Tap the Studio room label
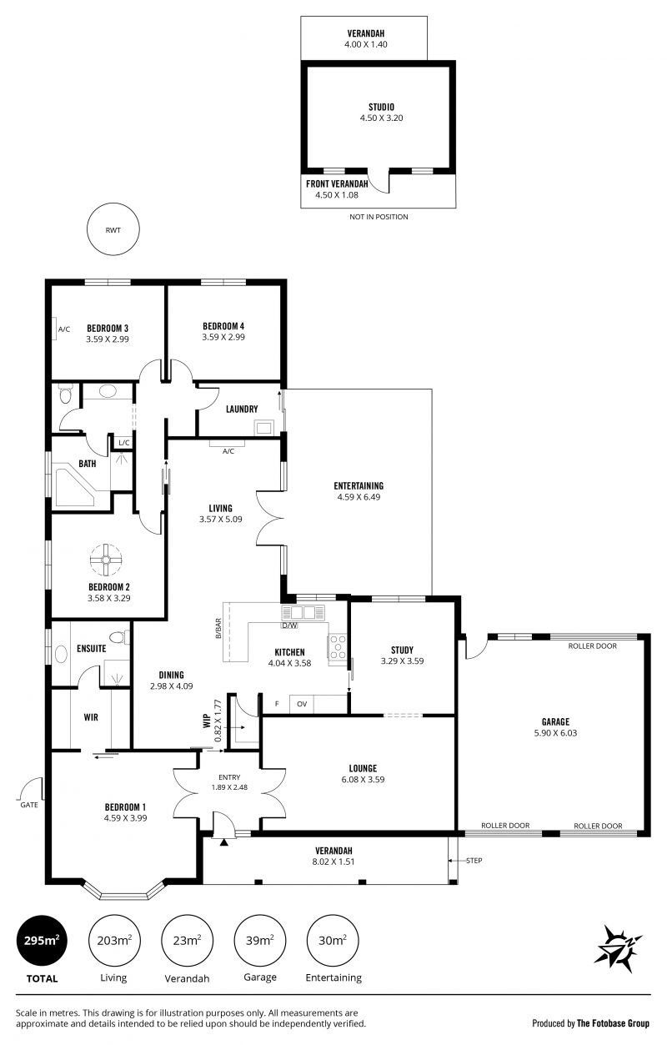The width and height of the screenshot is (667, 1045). tap(381, 107)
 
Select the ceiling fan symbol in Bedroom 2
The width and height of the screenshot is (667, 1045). tap(106, 560)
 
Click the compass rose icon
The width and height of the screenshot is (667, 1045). tap(617, 945)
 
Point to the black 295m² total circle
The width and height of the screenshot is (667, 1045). tap(42, 941)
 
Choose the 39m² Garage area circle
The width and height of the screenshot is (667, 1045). tap(260, 941)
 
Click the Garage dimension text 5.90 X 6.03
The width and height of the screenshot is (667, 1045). tap(555, 733)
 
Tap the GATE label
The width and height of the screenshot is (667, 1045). tap(29, 805)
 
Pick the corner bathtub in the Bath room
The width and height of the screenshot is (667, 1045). tap(75, 488)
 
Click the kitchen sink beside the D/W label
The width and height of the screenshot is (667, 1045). tap(303, 612)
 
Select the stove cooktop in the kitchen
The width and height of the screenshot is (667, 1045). tap(338, 647)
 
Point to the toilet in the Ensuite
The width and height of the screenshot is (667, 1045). tap(120, 637)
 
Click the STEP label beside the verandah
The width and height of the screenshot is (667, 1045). tap(474, 860)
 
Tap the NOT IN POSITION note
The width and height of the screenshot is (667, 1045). tap(379, 217)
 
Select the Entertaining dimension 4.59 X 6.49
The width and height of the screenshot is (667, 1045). tap(359, 497)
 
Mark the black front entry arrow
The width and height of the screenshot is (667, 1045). tap(224, 842)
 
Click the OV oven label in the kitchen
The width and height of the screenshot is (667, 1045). tap(302, 704)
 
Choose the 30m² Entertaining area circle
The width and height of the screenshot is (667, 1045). tap(333, 941)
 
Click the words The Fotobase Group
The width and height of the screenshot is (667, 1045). tap(613, 1023)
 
